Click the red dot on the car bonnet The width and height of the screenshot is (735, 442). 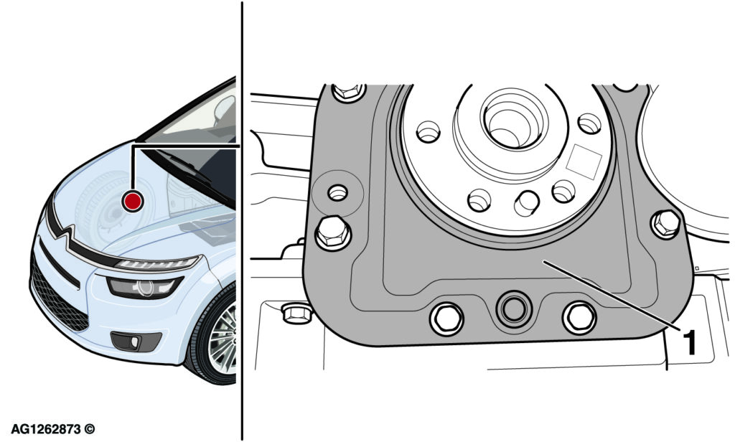click(132, 201)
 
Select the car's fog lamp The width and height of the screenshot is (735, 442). click(136, 342)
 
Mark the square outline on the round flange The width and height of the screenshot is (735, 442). click(584, 161)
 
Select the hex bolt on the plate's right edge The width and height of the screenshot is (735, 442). click(665, 224)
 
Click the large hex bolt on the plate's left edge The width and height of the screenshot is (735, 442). click(333, 233)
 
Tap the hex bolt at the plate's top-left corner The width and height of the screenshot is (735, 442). click(348, 91)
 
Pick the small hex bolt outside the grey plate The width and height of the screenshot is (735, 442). click(296, 313)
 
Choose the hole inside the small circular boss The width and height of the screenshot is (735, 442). click(337, 192)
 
